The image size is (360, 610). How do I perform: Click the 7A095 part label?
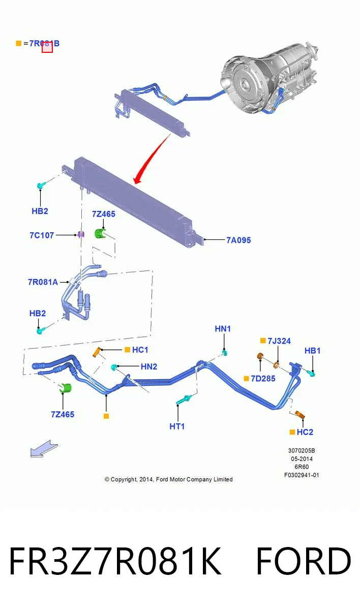click(x=238, y=240)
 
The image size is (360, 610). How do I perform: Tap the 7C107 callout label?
click(x=42, y=235)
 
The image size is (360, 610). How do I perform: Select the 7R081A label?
click(x=43, y=282)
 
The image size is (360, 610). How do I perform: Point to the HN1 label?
click(x=223, y=329)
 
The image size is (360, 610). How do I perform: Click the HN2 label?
click(x=149, y=367)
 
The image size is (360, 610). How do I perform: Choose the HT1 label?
click(x=177, y=426)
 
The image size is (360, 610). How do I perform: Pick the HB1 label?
click(x=312, y=351)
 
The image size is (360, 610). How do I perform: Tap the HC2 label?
click(x=305, y=432)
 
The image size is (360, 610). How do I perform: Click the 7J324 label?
click(x=279, y=341)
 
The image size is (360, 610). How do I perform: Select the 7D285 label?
click(x=263, y=379)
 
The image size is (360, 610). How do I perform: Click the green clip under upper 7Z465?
click(x=100, y=234)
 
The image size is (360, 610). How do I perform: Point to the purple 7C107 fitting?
click(x=81, y=234)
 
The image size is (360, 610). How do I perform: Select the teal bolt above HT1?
click(x=185, y=400)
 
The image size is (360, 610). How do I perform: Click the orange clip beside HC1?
click(x=97, y=352)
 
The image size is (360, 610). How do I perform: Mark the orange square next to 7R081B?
click(x=18, y=43)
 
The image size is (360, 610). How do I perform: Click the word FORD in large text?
click(x=304, y=562)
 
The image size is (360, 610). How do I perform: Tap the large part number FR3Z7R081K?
click(x=115, y=562)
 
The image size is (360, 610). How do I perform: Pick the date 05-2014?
click(x=302, y=459)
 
